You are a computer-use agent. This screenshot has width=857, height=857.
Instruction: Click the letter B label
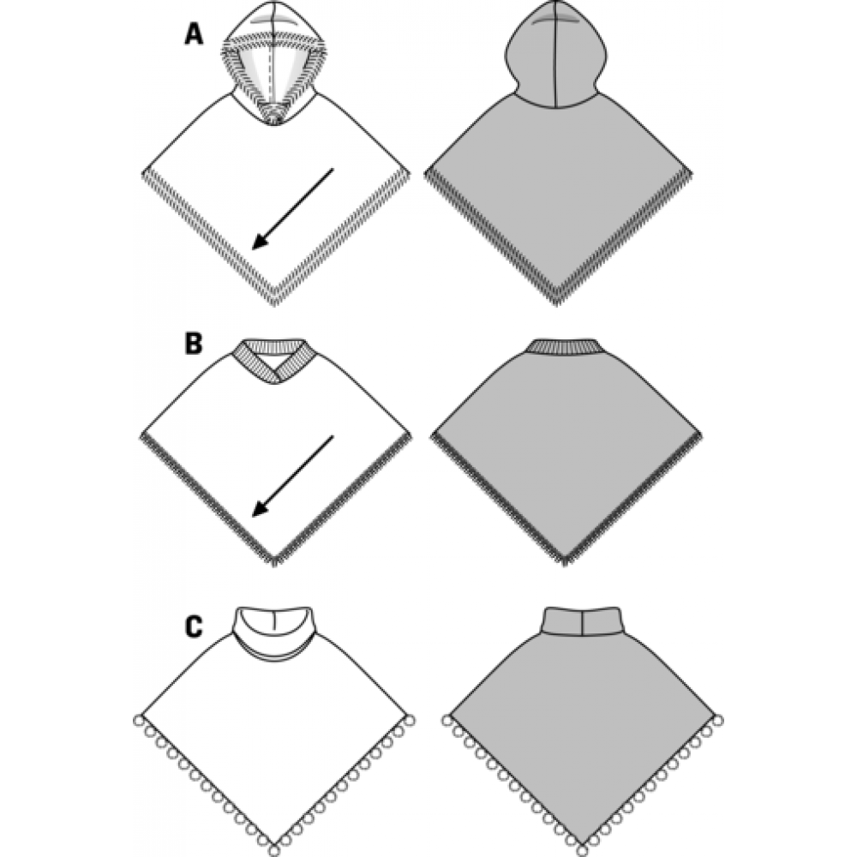click(x=194, y=345)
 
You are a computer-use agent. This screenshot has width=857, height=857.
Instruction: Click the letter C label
click(x=194, y=626)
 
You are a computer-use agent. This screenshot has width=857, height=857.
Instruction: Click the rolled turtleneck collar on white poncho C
click(x=274, y=635)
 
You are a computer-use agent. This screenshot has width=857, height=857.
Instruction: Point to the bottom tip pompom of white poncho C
click(x=273, y=848)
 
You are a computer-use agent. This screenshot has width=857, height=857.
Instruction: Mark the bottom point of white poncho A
click(x=273, y=302)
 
